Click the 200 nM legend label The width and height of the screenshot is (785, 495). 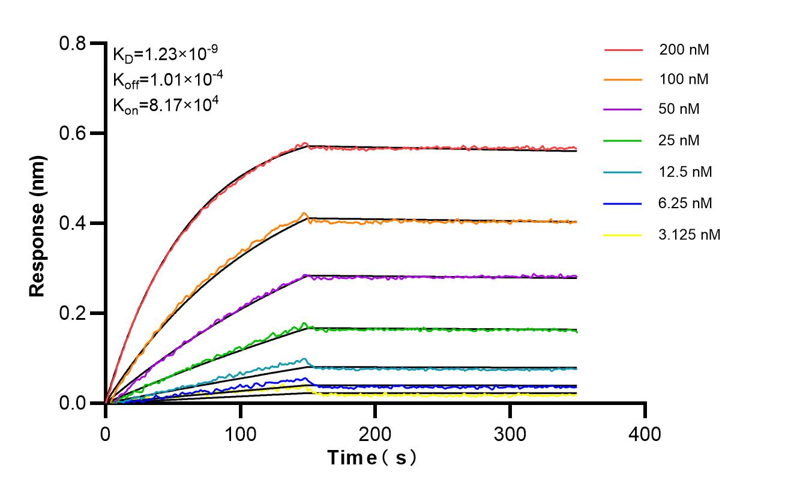684,50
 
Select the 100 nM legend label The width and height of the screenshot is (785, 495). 684,79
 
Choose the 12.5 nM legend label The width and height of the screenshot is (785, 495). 685,172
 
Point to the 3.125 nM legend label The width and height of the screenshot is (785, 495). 689,235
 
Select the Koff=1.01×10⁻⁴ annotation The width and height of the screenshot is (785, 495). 165,80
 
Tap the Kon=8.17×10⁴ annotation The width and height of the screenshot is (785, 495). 165,105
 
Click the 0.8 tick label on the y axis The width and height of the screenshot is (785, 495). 73,43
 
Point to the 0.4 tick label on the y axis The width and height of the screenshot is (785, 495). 73,223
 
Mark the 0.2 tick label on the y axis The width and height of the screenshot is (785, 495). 73,313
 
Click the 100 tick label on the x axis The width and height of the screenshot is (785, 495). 241,433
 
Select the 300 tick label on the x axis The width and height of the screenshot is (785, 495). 510,433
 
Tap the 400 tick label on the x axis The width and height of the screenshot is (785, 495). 645,433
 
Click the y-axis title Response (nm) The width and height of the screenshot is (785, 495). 37,223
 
